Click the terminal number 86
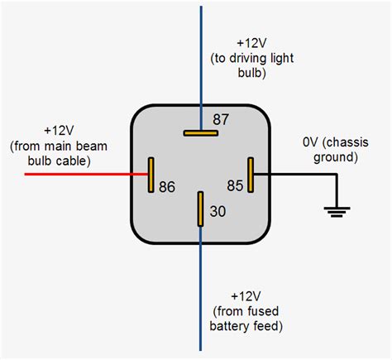pyautogui.click(x=168, y=187)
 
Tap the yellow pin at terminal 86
pyautogui.click(x=151, y=175)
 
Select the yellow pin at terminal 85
pyautogui.click(x=251, y=175)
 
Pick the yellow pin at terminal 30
pyautogui.click(x=200, y=209)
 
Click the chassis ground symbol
pyautogui.click(x=336, y=212)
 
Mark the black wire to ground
pyautogui.click(x=298, y=175)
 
